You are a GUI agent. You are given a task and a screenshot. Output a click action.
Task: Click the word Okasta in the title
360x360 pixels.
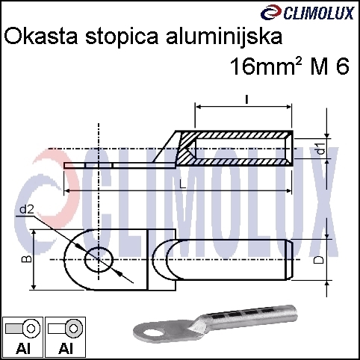click(41, 37)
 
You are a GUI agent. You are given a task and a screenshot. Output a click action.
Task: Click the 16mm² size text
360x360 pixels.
click(266, 66)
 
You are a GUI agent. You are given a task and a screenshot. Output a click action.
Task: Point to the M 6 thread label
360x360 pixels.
click(329, 66)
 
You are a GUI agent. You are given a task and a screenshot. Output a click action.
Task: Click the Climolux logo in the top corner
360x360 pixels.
click(307, 13)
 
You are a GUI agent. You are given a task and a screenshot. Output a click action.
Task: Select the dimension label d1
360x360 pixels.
click(322, 148)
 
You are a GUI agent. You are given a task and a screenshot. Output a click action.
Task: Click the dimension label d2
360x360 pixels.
click(27, 210)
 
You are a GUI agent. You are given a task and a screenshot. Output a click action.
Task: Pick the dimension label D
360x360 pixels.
click(319, 260)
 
